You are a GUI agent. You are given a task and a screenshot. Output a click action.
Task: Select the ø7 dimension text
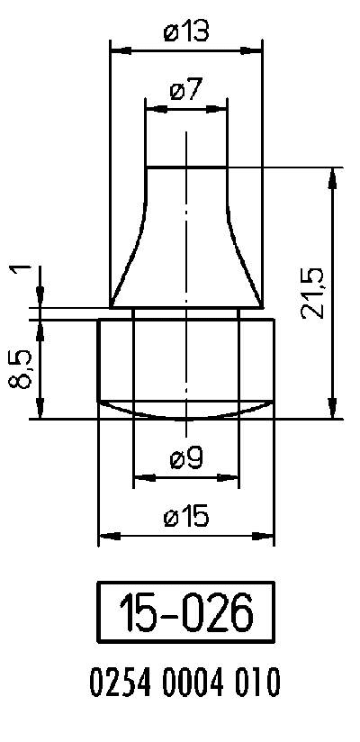click(x=186, y=90)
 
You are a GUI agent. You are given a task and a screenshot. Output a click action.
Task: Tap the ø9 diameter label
click(x=185, y=458)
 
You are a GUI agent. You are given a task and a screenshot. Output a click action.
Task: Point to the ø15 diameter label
click(x=186, y=517)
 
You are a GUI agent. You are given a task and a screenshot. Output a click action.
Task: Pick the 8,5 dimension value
click(x=22, y=368)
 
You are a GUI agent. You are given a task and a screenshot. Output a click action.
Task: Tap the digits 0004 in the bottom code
click(x=192, y=683)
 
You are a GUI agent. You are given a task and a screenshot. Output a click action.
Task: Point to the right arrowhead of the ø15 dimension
click(x=268, y=537)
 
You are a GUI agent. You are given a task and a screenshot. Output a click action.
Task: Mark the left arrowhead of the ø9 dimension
click(x=139, y=477)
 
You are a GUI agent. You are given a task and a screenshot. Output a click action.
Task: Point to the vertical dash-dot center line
click(x=185, y=270)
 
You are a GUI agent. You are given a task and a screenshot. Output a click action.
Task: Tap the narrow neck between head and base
click(x=185, y=312)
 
